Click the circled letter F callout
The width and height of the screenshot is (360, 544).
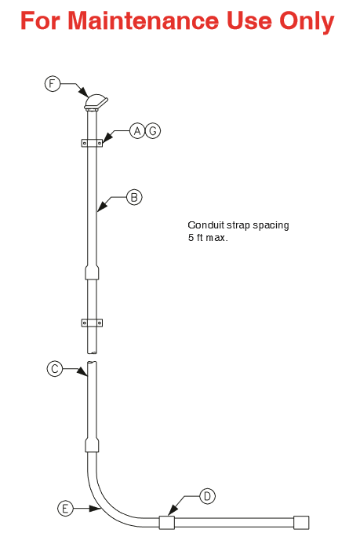(x=53, y=84)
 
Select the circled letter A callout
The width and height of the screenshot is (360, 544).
(x=137, y=131)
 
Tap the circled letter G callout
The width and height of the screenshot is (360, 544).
(x=153, y=131)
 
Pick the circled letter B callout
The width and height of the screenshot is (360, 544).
(x=134, y=197)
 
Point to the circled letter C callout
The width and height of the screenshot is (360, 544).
(x=55, y=368)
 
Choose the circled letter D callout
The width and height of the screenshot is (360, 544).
(x=207, y=496)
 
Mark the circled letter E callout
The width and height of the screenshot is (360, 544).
(x=65, y=509)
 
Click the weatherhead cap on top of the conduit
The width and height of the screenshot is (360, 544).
(x=96, y=102)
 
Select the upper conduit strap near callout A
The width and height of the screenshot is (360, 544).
(x=92, y=143)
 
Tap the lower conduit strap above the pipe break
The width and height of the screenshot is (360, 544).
(x=92, y=323)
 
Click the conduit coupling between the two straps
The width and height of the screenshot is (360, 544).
(x=92, y=272)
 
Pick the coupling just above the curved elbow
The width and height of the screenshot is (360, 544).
(x=92, y=445)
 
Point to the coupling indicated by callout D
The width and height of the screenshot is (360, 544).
(x=166, y=523)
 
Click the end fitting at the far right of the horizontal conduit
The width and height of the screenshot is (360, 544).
(x=301, y=523)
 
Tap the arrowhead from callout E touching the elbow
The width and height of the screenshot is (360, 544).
(x=95, y=509)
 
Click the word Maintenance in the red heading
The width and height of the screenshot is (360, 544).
(x=143, y=21)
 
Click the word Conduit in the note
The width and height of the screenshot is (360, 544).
(x=206, y=225)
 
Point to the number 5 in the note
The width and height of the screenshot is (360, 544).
(x=191, y=238)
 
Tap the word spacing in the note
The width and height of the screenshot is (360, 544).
(x=271, y=226)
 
